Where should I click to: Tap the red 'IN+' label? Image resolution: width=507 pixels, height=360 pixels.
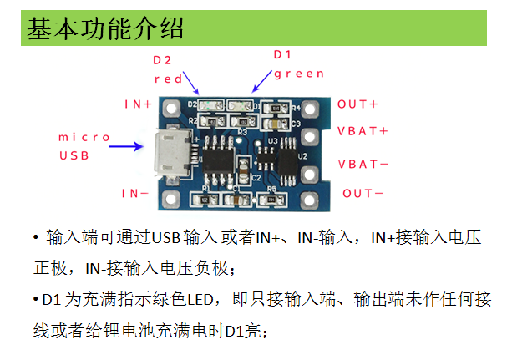[x=139, y=104]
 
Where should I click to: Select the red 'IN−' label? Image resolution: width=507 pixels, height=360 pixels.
[x=135, y=193]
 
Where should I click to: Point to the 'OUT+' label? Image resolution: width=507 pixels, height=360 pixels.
[x=358, y=104]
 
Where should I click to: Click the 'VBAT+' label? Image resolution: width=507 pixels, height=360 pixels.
[x=363, y=132]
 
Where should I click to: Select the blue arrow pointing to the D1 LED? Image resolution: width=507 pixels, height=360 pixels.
[x=261, y=80]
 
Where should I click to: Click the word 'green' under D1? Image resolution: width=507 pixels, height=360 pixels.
[x=298, y=74]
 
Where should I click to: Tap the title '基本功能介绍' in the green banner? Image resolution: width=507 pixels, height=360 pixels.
[x=105, y=28]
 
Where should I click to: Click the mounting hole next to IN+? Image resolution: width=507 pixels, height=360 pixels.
[x=172, y=108]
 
